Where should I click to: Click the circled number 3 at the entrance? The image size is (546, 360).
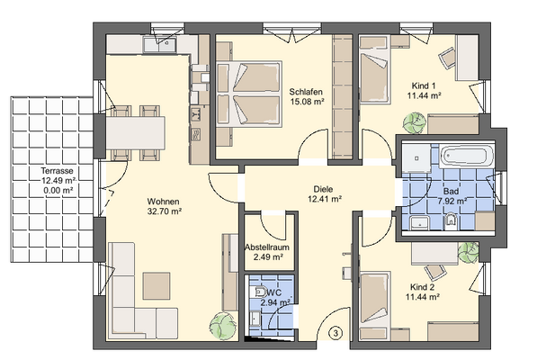pyautogui.click(x=335, y=334)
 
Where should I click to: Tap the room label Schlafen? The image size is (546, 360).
pyautogui.click(x=306, y=92)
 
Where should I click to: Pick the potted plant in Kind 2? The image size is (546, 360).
pyautogui.click(x=467, y=250)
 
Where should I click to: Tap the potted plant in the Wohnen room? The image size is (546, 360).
pyautogui.click(x=219, y=321)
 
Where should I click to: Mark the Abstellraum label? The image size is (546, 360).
pyautogui.click(x=264, y=246)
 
